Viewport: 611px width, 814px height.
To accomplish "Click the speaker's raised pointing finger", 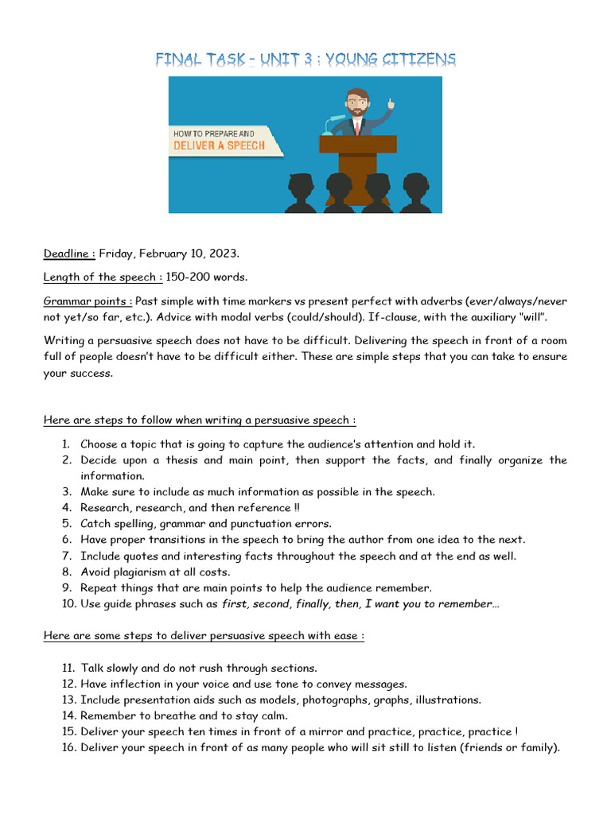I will pyautogui.click(x=391, y=102).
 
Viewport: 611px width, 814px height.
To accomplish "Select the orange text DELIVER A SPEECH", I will pyautogui.click(x=220, y=146).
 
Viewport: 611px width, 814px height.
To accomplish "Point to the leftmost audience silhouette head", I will pyautogui.click(x=300, y=188).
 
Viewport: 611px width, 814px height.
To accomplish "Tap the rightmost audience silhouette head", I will pyautogui.click(x=414, y=188).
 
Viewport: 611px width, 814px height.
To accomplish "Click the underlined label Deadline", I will pyautogui.click(x=69, y=254).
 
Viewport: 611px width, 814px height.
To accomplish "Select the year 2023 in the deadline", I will pyautogui.click(x=222, y=254).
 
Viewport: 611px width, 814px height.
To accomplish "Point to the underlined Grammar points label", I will pyautogui.click(x=88, y=301).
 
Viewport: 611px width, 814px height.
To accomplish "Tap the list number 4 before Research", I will pyautogui.click(x=68, y=507).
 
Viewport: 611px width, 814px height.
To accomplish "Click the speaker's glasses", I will pyautogui.click(x=358, y=103).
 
